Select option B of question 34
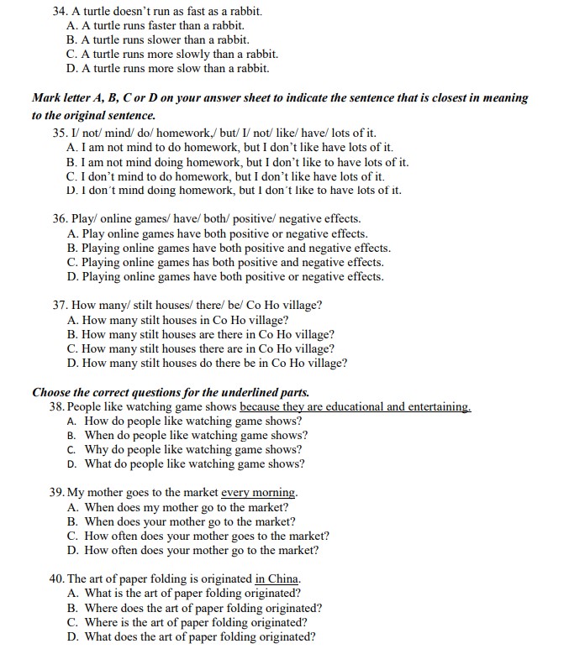tap(156, 39)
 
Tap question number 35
tap(60, 133)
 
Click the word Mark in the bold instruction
tap(47, 97)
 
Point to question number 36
tap(60, 219)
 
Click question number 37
tap(60, 306)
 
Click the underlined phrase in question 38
tap(355, 406)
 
